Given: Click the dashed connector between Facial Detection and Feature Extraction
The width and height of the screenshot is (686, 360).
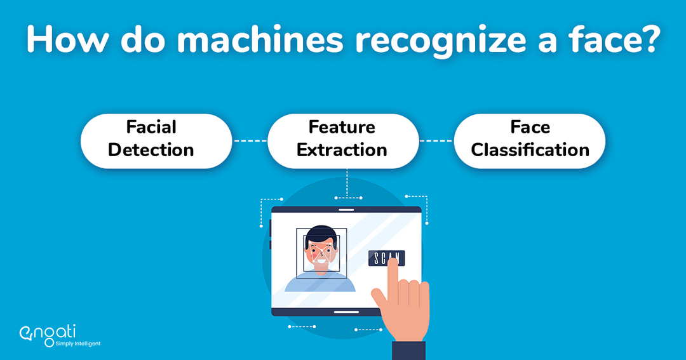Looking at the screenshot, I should point(249,140).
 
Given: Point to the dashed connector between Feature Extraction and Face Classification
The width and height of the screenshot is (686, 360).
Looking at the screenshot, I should point(436,140).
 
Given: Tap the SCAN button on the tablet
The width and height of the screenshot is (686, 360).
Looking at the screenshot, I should point(386,258).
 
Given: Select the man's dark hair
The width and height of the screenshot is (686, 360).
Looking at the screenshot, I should point(322,234).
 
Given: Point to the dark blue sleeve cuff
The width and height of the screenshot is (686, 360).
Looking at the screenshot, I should point(408,350).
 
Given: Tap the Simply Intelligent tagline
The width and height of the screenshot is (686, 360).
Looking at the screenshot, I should point(77,343).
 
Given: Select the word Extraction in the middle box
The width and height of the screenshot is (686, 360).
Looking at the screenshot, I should point(342,150).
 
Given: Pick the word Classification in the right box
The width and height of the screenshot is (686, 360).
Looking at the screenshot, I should point(530,150).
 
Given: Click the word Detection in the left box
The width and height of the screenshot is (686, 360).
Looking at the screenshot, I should point(151,150).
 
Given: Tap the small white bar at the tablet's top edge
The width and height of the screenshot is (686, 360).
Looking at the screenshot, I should point(346,210).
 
